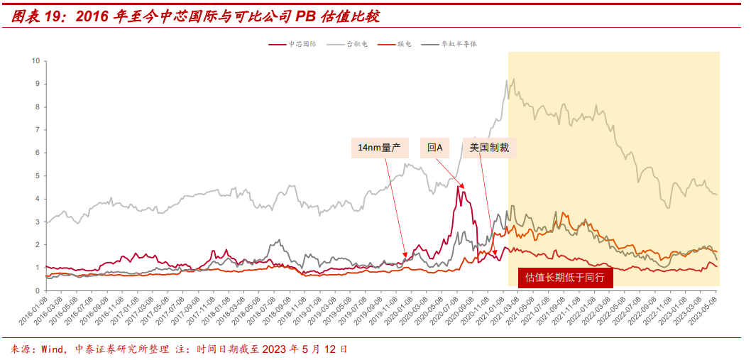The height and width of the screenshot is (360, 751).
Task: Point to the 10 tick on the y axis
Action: click(35, 61)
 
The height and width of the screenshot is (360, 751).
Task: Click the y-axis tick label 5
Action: click(37, 176)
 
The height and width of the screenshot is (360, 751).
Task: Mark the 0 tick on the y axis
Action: click(37, 291)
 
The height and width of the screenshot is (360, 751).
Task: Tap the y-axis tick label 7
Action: click(37, 130)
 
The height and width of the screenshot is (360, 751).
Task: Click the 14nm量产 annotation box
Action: click(379, 148)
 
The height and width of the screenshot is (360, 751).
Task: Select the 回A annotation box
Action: click(434, 148)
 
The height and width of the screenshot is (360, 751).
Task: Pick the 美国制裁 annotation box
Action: click(489, 148)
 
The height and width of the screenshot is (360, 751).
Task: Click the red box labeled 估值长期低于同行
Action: click(564, 278)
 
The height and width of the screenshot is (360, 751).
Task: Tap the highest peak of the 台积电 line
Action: click(507, 80)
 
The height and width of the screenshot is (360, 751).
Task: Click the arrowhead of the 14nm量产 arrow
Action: click(405, 257)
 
